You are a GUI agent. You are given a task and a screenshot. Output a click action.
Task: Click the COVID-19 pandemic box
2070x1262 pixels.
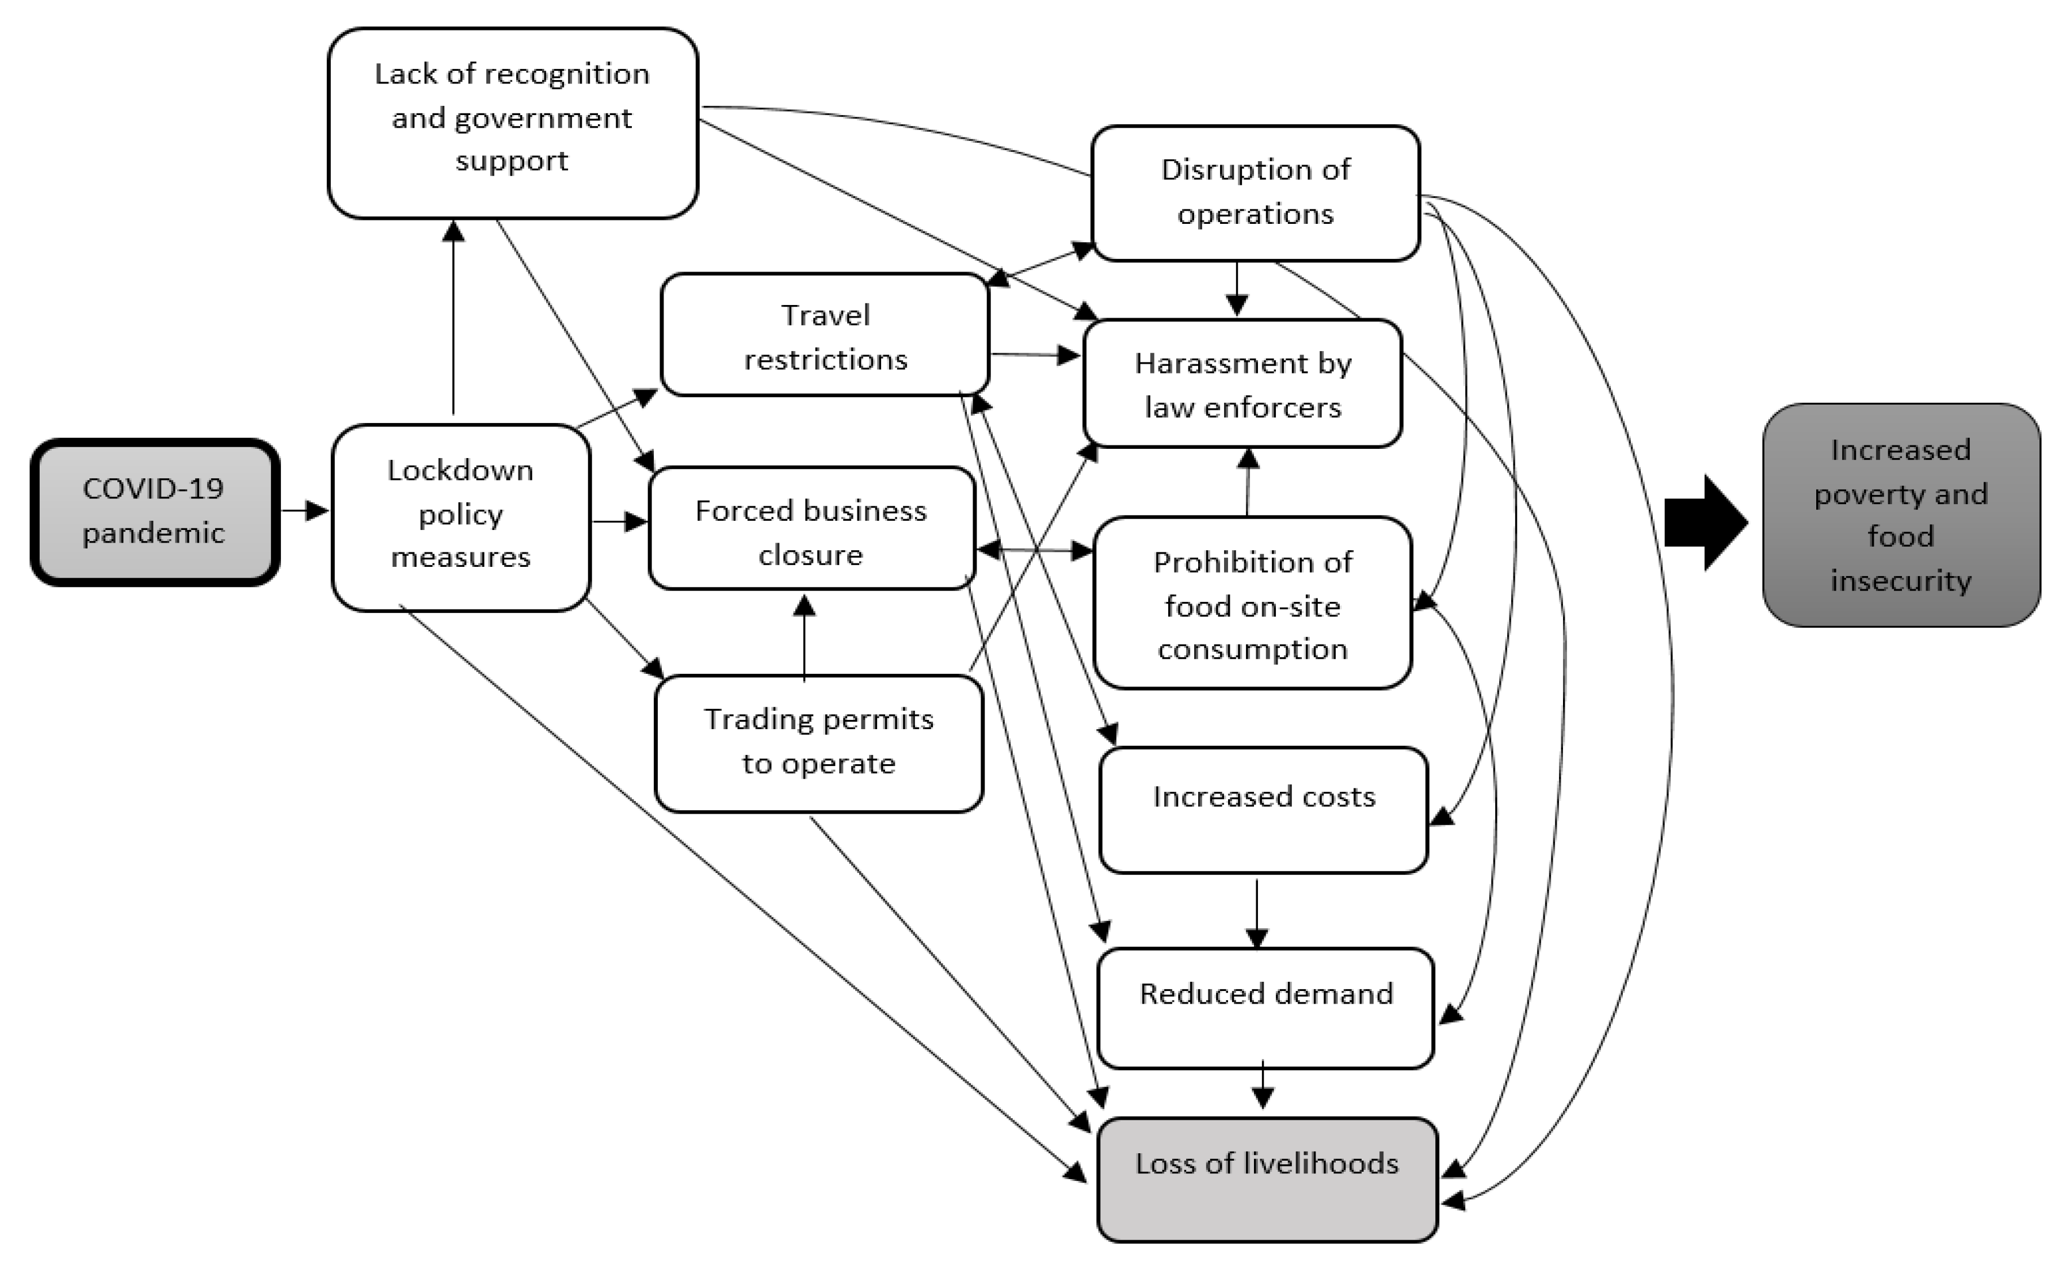click(x=155, y=511)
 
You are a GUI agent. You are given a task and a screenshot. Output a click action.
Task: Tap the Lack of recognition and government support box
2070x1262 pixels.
click(x=512, y=122)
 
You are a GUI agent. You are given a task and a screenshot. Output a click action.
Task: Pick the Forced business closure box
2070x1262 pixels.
click(x=811, y=529)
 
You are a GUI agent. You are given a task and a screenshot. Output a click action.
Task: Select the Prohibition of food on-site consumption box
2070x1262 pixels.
click(x=1252, y=603)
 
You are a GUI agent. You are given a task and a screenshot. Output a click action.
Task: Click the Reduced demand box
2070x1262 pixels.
click(x=1264, y=1006)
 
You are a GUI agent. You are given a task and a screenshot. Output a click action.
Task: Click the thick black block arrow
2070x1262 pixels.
click(x=1705, y=523)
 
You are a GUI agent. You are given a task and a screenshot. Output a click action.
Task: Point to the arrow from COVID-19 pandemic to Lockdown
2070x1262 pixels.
click(x=303, y=510)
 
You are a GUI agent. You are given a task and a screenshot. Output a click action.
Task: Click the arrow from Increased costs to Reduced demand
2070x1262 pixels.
click(x=1257, y=911)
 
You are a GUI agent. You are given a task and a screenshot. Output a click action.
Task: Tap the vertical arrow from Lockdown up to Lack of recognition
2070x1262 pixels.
click(x=453, y=319)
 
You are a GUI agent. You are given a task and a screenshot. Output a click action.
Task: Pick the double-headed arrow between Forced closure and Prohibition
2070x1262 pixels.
click(x=1034, y=550)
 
